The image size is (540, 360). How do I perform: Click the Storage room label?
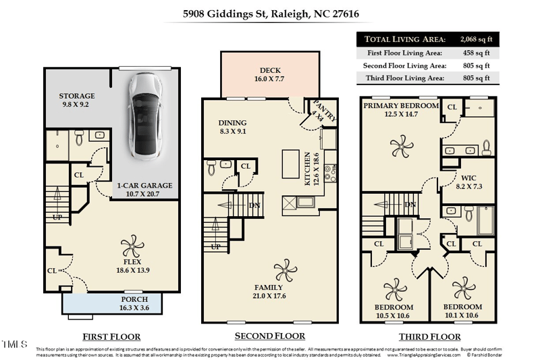click(77, 96)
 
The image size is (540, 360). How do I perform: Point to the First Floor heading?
click(111, 336)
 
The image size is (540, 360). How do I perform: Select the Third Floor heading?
click(429, 336)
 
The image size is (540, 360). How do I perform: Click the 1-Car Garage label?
click(144, 185)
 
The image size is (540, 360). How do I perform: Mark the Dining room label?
click(232, 123)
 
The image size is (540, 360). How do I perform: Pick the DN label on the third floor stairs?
click(409, 205)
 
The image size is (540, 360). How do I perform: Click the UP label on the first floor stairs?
click(58, 217)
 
